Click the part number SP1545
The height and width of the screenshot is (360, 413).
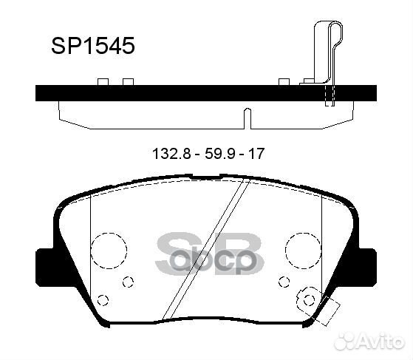92,47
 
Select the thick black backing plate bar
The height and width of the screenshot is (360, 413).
207,94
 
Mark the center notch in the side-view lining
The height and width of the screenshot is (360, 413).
247,116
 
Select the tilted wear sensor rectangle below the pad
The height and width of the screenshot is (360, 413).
324,308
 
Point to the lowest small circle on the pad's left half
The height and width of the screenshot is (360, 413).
104,299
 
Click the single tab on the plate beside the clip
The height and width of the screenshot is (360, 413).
283,81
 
